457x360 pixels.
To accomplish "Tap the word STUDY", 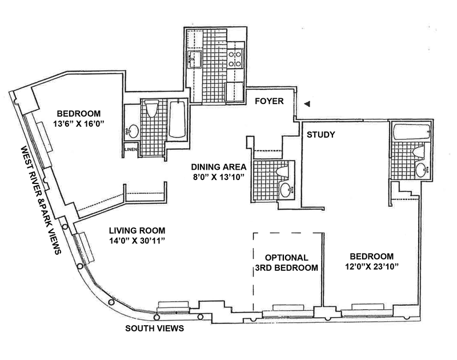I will pyautogui.click(x=320, y=135).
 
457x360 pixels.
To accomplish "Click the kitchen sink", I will pyautogui.click(x=194, y=58).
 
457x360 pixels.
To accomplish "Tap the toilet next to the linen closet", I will pyautogui.click(x=152, y=110).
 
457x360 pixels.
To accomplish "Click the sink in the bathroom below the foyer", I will pyautogui.click(x=285, y=190).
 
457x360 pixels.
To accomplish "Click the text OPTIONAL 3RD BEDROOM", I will pyautogui.click(x=287, y=262).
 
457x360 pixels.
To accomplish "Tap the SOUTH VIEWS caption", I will pyautogui.click(x=151, y=329).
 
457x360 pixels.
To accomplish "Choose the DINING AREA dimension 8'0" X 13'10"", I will pyautogui.click(x=219, y=178).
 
